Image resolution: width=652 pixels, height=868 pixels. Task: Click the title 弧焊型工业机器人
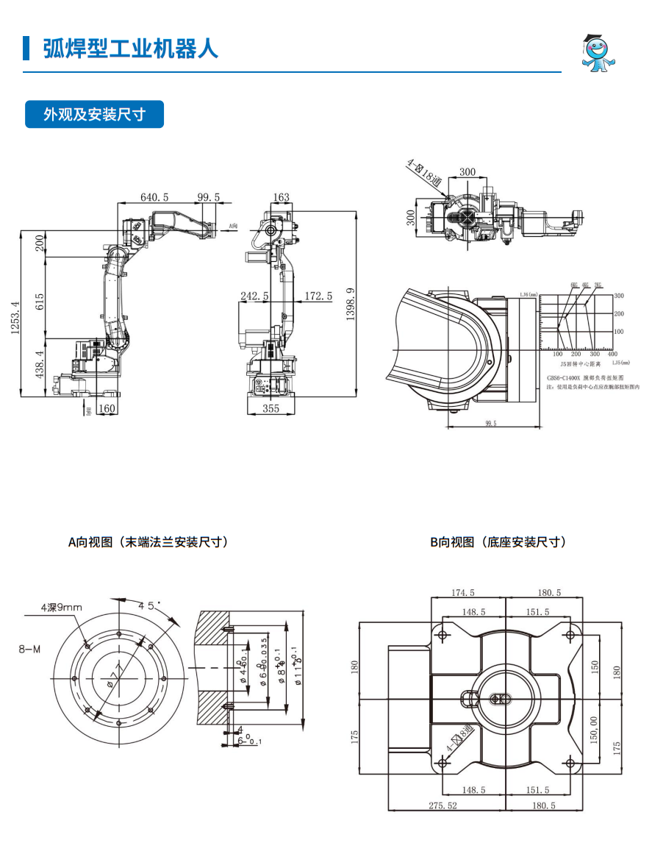[131, 49]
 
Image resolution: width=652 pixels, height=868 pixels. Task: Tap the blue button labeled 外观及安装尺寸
[94, 115]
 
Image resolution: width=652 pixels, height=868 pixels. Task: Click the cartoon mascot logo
[601, 53]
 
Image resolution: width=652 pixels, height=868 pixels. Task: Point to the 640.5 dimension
[155, 197]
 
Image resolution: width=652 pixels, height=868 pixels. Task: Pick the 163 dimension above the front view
[281, 197]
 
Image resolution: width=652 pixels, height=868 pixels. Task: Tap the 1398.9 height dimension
[351, 303]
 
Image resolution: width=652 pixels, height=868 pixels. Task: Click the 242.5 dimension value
[254, 296]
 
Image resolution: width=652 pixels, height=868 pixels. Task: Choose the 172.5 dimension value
[318, 296]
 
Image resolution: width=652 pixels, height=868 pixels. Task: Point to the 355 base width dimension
[271, 409]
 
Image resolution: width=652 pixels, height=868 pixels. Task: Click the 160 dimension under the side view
[107, 409]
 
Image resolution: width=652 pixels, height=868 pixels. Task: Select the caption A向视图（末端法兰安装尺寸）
[148, 542]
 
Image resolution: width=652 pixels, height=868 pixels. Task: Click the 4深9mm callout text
[62, 607]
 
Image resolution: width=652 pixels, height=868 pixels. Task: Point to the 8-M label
[30, 649]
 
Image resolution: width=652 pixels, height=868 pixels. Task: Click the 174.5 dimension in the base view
[463, 592]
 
